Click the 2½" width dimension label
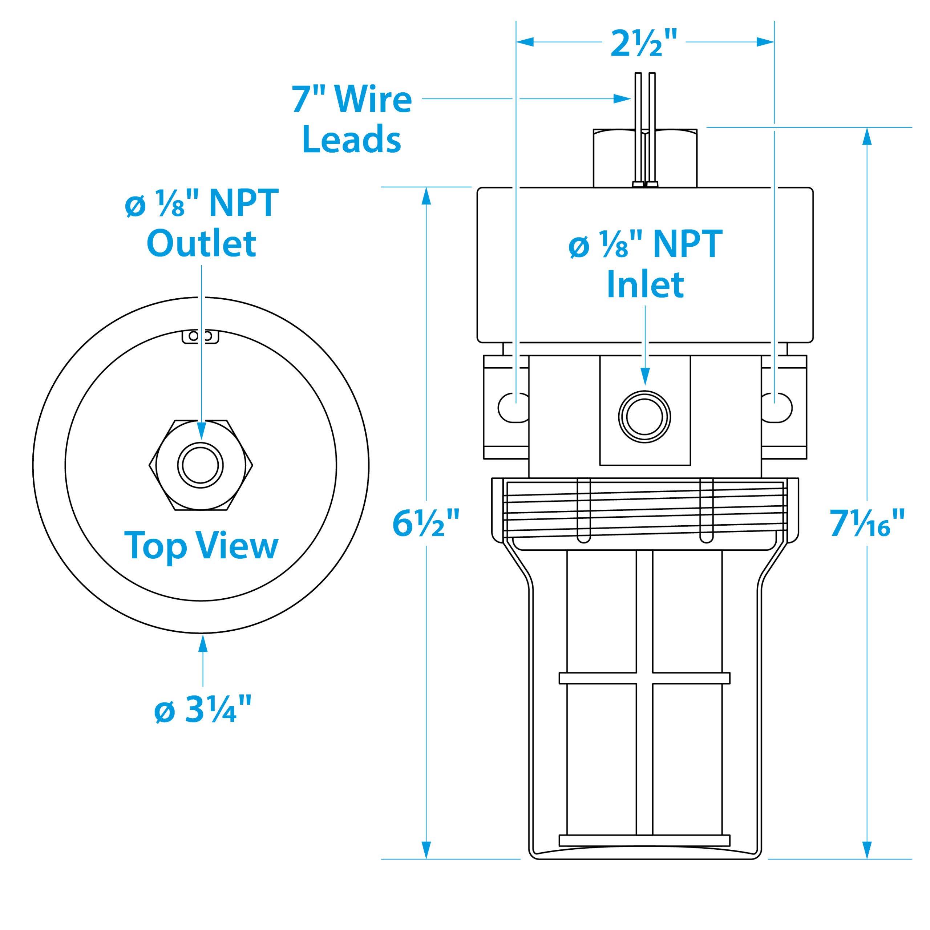tap(644, 43)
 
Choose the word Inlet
tap(645, 284)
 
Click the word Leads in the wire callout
tap(351, 139)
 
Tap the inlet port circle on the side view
tap(644, 416)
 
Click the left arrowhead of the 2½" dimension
tap(525, 43)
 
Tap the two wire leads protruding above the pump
tap(645, 101)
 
